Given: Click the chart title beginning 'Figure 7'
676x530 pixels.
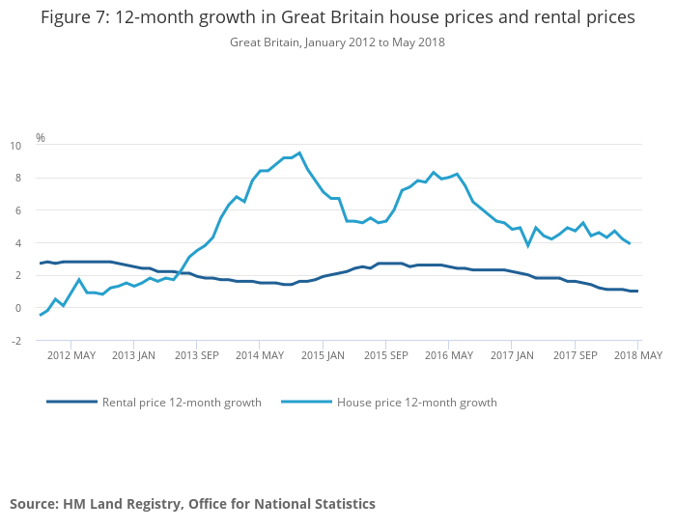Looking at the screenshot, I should coord(337,18).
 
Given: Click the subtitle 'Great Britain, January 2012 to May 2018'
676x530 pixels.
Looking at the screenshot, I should coord(337,42).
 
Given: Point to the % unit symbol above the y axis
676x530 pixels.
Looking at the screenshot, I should coord(41,138).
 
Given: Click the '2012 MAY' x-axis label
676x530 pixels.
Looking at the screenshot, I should coord(70,355).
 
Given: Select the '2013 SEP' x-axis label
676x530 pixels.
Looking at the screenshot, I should coord(196,355).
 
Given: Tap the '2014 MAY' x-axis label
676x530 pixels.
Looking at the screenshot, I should coord(260,355).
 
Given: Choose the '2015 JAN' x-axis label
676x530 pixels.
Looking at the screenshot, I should coord(323,355).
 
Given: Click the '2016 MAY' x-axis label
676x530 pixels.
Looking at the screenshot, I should coord(449,355).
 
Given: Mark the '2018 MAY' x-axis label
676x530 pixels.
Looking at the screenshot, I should coord(638,355).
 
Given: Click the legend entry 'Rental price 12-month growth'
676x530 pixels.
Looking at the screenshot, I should coord(182,403).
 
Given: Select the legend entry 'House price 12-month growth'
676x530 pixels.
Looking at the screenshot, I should coord(416,403).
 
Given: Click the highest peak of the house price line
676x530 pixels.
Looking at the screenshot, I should coord(299,153).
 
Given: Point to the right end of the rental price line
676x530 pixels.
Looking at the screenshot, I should coord(637,292).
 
